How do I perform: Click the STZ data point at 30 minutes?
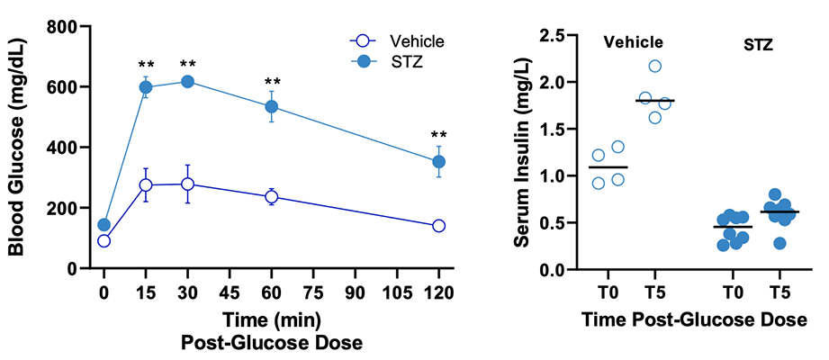click(x=187, y=81)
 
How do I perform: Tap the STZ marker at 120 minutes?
click(x=439, y=162)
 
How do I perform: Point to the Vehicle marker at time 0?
click(x=104, y=241)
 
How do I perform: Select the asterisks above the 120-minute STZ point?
click(x=439, y=136)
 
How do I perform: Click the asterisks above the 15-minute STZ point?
click(x=146, y=65)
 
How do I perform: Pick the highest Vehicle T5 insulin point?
click(x=655, y=67)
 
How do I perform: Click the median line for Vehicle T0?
click(x=608, y=167)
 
